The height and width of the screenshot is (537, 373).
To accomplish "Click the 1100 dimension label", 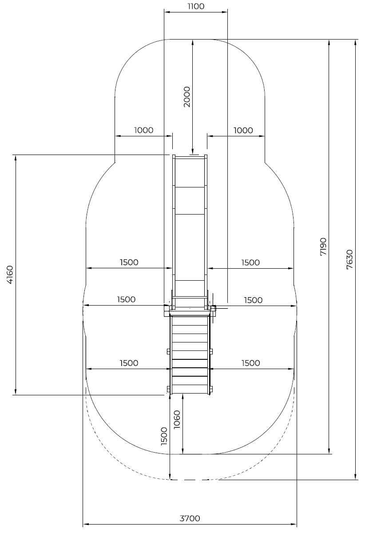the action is click(x=196, y=6).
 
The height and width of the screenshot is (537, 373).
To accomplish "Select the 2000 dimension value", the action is click(x=186, y=97).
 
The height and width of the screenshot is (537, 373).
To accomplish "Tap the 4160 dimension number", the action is click(x=10, y=275).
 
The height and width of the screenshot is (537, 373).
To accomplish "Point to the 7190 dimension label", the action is click(x=323, y=247).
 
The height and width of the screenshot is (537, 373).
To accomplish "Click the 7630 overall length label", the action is click(x=349, y=259).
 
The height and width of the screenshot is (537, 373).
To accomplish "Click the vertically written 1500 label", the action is click(x=164, y=436).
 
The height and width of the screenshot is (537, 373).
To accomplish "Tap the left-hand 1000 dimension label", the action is click(x=143, y=130).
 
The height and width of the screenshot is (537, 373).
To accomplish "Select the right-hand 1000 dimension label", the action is click(x=243, y=131).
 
